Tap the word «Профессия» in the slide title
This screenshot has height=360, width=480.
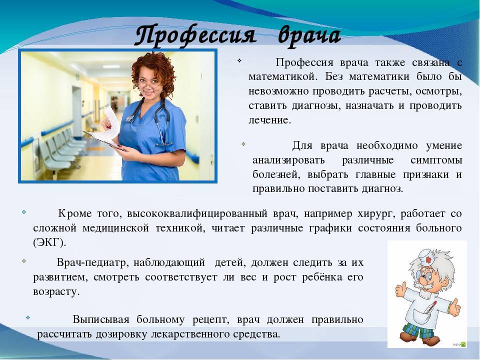195,36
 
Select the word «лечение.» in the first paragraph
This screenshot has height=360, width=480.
269,120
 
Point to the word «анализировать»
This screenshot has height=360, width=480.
288,160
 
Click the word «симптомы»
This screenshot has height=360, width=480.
436,160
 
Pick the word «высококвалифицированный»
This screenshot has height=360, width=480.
197,214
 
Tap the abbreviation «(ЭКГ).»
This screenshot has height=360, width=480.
49,243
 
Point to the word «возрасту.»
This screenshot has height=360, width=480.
56,291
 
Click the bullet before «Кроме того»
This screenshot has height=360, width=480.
24,211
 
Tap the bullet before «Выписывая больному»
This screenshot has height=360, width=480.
28,317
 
